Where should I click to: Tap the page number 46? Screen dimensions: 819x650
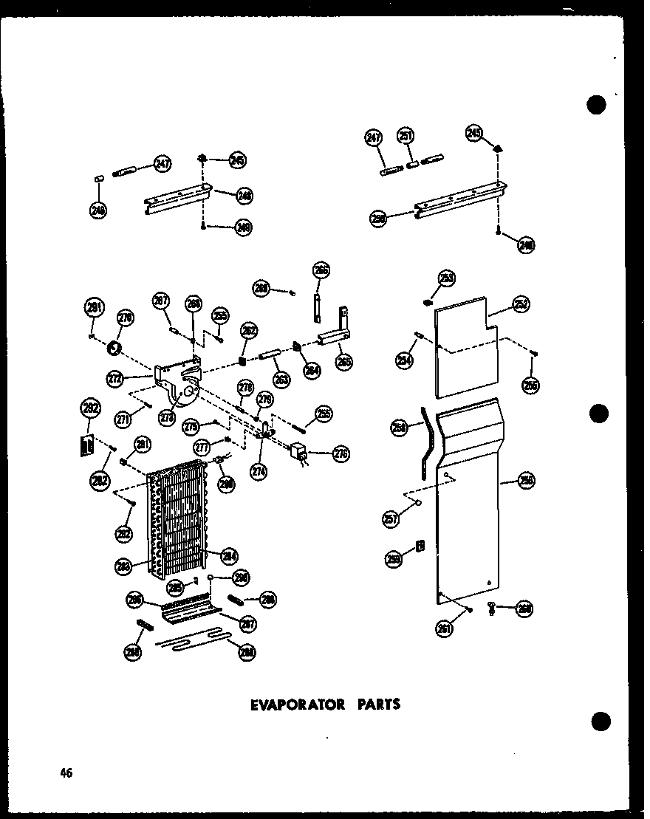point(66,773)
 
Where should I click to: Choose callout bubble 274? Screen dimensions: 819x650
point(259,470)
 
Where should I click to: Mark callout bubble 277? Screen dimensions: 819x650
point(202,448)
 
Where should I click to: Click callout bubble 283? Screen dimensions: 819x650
point(123,567)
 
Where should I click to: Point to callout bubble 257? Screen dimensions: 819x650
point(391,520)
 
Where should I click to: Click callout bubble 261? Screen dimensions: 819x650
point(444,629)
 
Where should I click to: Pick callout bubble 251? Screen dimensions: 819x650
point(406,136)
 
